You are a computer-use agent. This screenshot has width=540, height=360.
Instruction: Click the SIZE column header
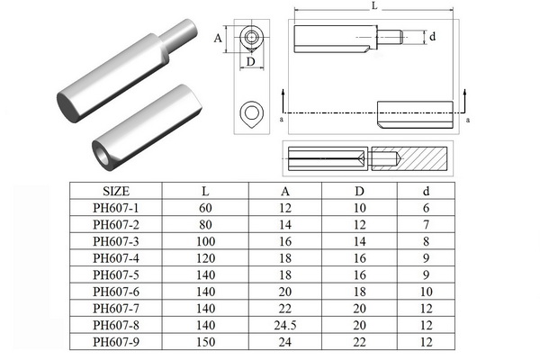[117, 192]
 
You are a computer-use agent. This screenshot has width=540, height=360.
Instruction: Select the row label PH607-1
[117, 209]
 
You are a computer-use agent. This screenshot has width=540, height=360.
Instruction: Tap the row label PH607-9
[117, 343]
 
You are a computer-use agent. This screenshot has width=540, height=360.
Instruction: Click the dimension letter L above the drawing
[373, 6]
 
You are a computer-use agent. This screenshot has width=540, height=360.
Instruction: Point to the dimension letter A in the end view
[218, 39]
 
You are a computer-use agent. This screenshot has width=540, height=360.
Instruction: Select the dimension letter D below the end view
[250, 61]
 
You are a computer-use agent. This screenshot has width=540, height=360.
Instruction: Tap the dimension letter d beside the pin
[433, 37]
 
